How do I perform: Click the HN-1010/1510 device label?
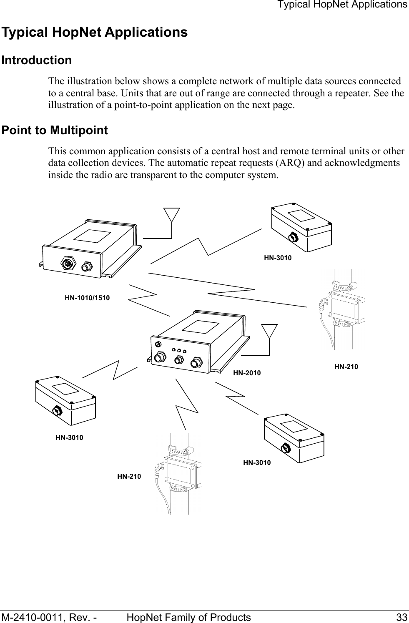tap(87, 298)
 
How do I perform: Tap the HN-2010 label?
tap(247, 373)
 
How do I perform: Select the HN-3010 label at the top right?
tap(278, 258)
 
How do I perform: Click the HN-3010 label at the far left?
tap(69, 438)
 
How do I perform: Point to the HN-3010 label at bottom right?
tap(257, 462)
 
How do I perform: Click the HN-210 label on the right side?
tap(346, 367)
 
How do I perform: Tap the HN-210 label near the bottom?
tap(129, 476)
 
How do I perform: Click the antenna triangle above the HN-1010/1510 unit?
tap(172, 214)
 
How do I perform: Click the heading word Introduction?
tap(37, 60)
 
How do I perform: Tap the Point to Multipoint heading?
tap(55, 131)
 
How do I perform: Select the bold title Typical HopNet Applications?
tap(95, 32)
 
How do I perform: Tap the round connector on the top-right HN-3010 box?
tap(294, 237)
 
